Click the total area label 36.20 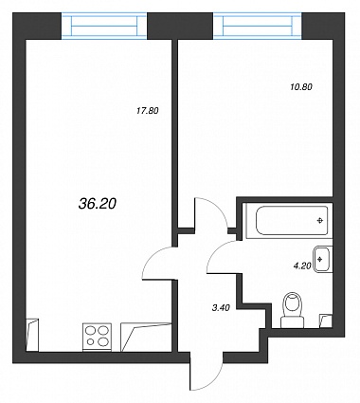point(98,204)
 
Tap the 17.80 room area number point(148,111)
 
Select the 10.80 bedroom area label point(301,86)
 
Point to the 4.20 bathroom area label point(302,266)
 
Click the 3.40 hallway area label point(221,307)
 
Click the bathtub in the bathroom point(289,221)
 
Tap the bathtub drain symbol point(320,221)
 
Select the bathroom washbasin point(322,259)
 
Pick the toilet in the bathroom point(293,310)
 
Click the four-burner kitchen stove point(97,337)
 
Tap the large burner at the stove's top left point(90,331)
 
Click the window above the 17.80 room point(104,26)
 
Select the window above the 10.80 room point(258,26)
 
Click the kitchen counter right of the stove point(146,337)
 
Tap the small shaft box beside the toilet point(326,321)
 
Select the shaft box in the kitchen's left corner point(32,335)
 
